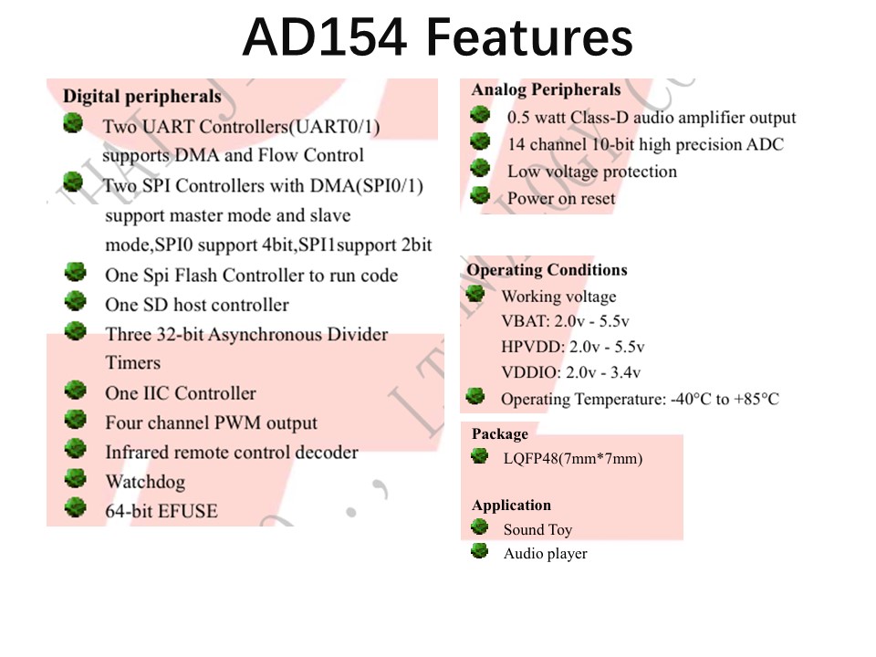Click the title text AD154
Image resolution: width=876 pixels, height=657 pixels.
pos(325,37)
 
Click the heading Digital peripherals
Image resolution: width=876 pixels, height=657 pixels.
pos(142,97)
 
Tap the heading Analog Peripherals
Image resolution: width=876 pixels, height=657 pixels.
pos(546,90)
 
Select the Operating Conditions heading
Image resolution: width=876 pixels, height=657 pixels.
pos(547,270)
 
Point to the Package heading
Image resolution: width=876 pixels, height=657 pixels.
pos(499,434)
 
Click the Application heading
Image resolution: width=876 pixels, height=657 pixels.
pos(511,505)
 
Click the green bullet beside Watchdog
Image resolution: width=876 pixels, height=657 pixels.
pos(75,478)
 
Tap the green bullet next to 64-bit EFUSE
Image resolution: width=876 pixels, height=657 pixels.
pos(75,507)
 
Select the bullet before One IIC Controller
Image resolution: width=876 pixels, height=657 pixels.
pos(75,390)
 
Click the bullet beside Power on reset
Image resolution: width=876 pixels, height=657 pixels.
pos(480,195)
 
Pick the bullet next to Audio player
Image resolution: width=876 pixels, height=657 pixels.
pos(479,551)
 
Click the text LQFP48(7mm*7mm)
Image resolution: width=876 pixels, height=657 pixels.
pos(573,459)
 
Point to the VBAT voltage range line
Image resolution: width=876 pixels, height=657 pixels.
pos(565,321)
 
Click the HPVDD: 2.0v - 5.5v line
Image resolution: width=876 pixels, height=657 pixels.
pos(573,347)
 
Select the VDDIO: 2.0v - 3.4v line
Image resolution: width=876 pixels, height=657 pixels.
pos(570,372)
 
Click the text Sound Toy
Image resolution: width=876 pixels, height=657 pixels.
pos(537,529)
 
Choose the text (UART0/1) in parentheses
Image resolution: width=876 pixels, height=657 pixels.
pos(334,127)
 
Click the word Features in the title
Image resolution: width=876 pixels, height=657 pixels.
pos(529,37)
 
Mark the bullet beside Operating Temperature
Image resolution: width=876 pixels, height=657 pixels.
pos(475,395)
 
